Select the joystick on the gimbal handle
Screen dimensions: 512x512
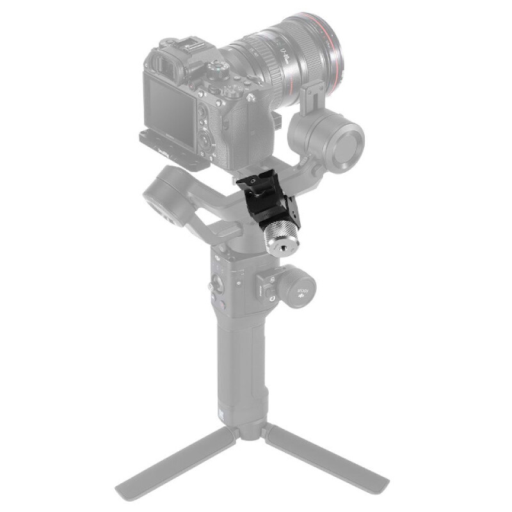(220, 282)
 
